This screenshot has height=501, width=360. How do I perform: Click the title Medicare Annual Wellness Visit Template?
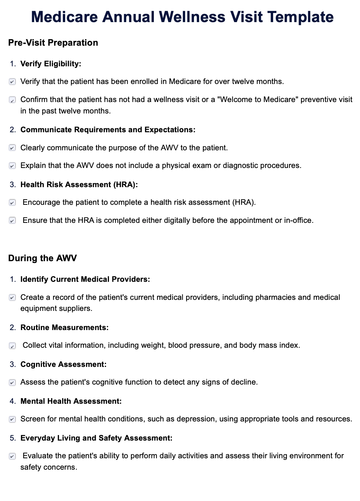point(182,17)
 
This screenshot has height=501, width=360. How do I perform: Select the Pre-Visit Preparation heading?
point(53,43)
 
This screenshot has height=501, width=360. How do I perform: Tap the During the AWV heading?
point(42,258)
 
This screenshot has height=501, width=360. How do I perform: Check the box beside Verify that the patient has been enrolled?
point(13,82)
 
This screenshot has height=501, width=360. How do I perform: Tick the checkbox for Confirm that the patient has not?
point(13,100)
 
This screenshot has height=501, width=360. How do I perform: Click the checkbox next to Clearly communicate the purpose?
point(13,148)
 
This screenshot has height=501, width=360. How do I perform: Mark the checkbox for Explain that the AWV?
point(13,166)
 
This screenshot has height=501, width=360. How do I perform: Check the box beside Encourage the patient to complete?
point(13,203)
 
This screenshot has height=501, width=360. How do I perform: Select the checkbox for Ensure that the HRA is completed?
point(13,221)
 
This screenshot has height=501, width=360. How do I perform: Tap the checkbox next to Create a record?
point(13,298)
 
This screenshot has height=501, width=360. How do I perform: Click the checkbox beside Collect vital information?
point(13,346)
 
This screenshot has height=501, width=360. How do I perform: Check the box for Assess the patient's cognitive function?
point(13,382)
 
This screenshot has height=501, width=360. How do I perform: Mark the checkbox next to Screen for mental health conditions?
point(13,419)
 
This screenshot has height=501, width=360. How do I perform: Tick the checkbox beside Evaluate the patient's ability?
point(13,456)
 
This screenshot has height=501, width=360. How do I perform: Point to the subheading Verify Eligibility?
point(50,64)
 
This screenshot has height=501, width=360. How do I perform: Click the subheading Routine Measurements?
point(64,327)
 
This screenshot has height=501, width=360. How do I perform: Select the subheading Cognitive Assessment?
point(63,364)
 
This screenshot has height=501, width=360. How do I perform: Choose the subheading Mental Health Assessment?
point(71,401)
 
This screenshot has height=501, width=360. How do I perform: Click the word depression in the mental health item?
point(196,419)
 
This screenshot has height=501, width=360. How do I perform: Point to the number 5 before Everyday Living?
point(13,438)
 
